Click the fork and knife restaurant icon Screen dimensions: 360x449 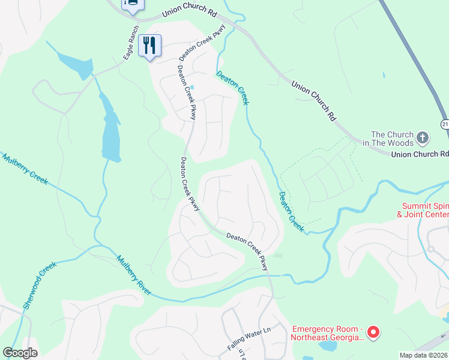(149, 45)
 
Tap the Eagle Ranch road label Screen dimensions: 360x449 (131, 42)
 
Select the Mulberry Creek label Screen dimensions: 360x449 (25, 170)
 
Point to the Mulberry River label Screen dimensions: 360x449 (134, 275)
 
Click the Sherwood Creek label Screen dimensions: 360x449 (40, 285)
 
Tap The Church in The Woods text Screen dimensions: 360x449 (392, 139)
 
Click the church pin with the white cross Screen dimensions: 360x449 (423, 139)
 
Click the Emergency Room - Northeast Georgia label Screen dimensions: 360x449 (327, 333)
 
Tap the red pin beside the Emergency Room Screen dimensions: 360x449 (373, 331)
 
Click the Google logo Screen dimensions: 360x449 (20, 353)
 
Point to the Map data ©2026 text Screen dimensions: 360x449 (423, 355)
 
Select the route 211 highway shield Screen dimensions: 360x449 (445, 124)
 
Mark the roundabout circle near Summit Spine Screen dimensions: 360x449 (430, 248)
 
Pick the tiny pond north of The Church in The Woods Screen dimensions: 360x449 (384, 75)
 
